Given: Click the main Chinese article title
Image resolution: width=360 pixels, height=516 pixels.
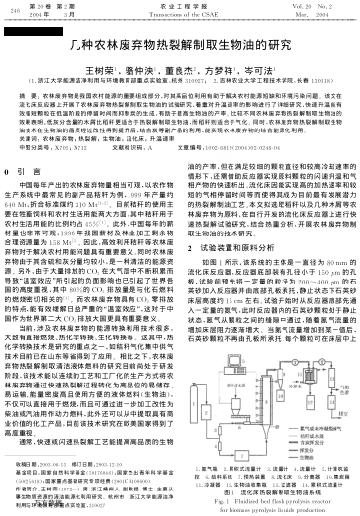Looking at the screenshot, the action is click(x=180, y=44).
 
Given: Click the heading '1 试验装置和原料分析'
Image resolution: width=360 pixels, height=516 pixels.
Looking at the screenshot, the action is click(x=236, y=221).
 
